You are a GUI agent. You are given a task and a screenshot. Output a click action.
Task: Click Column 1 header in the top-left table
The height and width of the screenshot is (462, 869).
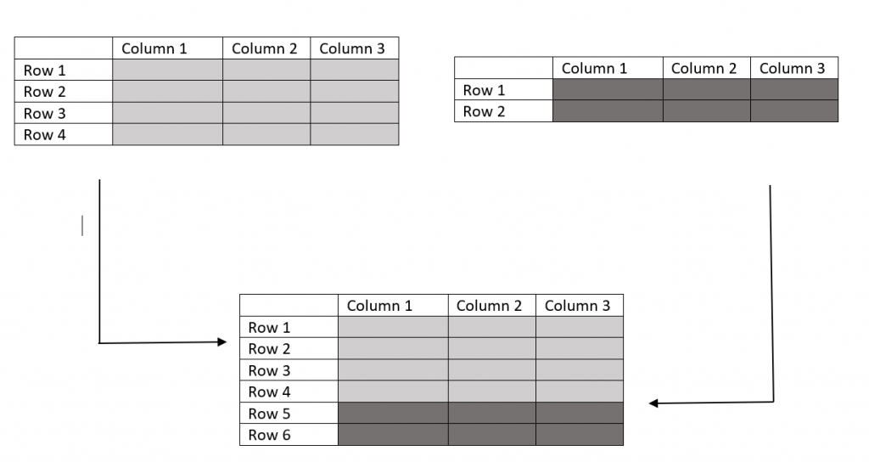154,48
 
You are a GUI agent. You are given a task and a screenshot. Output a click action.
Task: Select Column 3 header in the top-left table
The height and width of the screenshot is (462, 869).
352,48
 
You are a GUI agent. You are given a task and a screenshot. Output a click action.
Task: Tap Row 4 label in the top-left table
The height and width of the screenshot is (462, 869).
44,135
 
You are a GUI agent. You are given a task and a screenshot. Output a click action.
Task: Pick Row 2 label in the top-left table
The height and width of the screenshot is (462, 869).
44,92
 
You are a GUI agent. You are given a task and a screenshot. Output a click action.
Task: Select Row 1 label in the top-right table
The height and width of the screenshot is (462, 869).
484,90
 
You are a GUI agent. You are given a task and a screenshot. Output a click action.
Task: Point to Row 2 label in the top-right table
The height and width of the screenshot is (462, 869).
484,111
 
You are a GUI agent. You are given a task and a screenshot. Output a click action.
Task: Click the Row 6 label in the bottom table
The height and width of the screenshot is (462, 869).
269,435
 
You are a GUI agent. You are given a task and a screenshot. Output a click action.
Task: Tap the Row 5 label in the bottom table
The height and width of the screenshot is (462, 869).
269,414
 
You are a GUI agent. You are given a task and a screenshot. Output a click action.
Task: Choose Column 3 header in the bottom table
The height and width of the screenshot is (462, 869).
577,306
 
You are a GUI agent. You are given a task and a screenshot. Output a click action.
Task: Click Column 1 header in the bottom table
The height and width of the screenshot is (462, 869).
379,306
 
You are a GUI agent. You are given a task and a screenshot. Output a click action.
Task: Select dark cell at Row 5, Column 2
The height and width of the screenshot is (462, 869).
491,414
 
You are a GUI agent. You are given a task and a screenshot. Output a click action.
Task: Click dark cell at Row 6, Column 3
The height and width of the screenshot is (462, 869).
580,435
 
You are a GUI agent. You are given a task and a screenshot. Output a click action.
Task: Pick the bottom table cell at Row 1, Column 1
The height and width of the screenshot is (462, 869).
393,328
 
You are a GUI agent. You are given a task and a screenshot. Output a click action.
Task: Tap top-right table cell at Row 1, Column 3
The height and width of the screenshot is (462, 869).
794,90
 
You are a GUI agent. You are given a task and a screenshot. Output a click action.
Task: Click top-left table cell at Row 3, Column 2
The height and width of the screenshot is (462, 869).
266,114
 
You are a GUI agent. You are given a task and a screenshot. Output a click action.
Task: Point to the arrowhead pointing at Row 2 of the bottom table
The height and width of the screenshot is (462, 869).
222,342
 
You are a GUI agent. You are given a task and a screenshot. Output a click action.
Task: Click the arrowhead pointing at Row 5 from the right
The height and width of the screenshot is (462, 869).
654,403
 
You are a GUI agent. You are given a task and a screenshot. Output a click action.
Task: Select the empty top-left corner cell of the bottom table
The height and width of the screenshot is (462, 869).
289,306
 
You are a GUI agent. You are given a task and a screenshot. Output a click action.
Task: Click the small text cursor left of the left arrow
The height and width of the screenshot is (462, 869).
82,226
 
